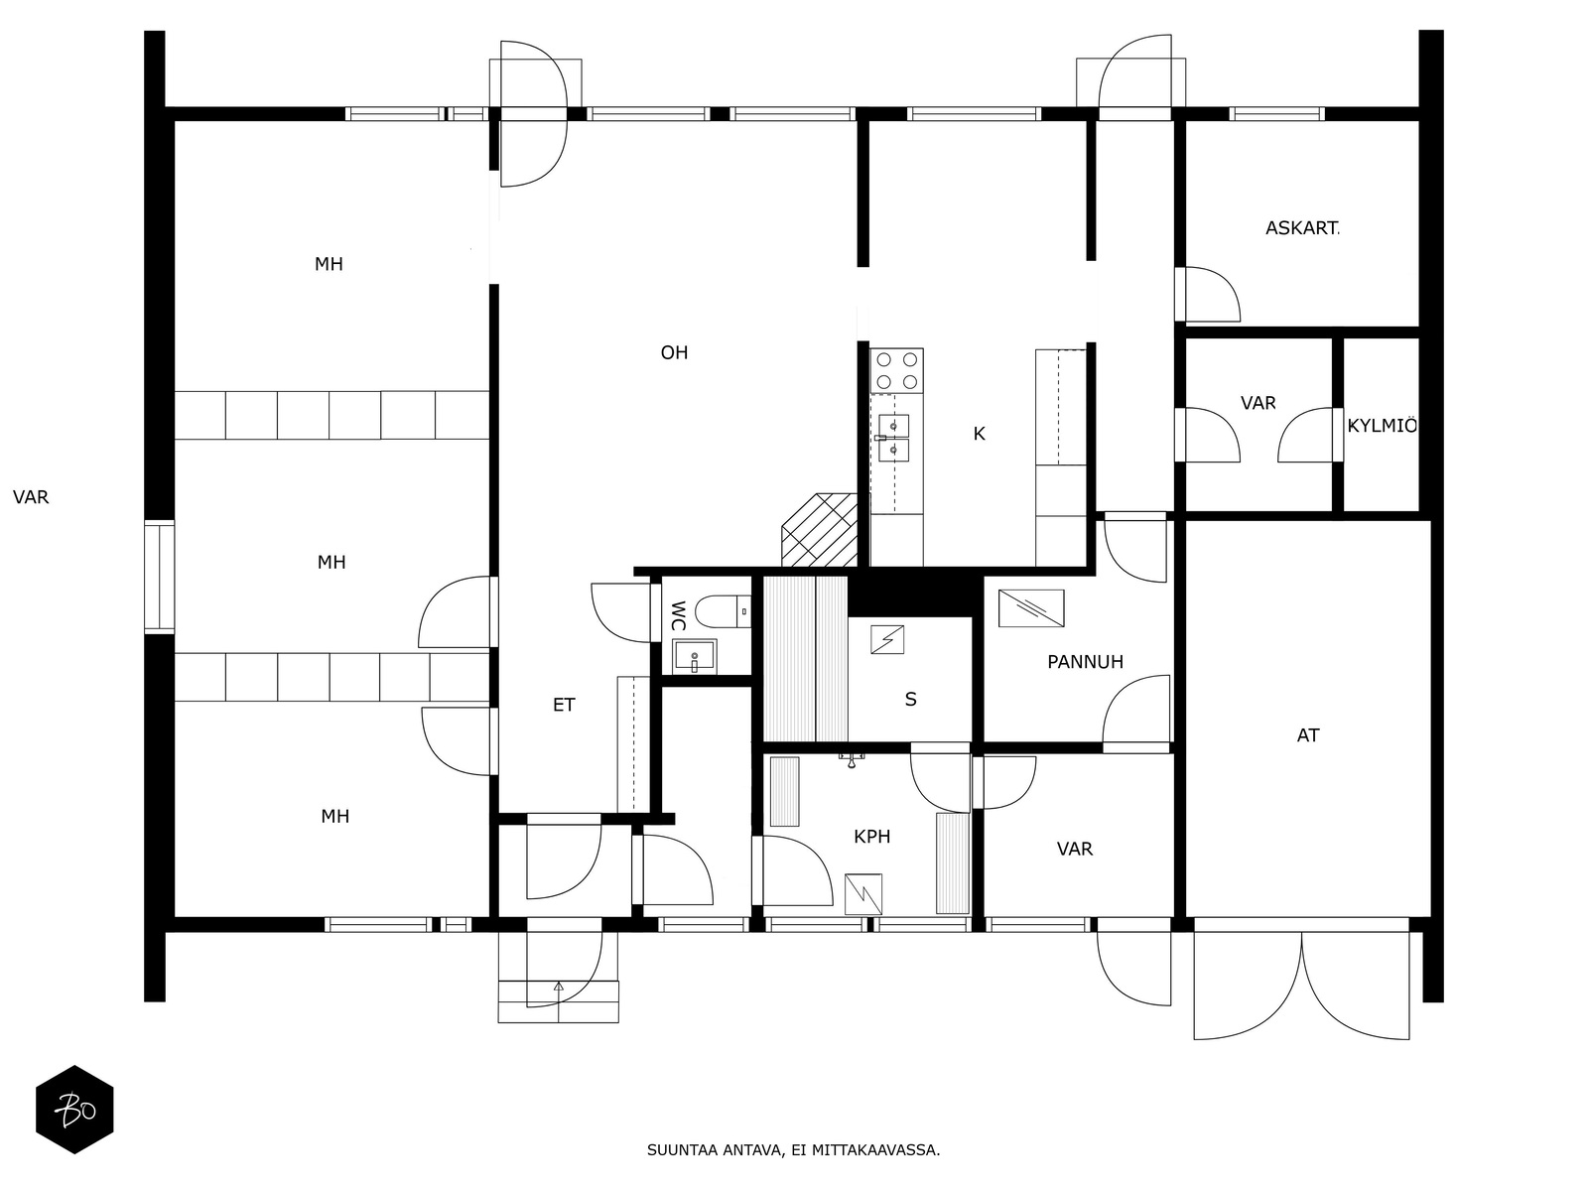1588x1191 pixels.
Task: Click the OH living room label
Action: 674,353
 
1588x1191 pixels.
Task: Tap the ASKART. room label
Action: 1302,228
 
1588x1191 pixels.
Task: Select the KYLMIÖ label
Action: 1382,426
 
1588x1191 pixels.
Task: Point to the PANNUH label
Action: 1085,662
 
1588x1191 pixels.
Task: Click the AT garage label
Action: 1308,735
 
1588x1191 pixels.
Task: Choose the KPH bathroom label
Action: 871,837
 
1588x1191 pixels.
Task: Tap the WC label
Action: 679,616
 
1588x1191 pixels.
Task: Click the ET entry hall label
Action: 564,705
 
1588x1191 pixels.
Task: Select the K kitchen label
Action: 979,434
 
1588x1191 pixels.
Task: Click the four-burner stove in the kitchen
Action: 896,370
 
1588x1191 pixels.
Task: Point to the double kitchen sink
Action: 893,439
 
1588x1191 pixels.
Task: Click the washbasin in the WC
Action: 694,657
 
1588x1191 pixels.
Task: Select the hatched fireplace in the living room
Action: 820,530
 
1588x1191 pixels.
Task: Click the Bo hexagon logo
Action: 74,1110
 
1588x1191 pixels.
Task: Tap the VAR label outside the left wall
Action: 31,497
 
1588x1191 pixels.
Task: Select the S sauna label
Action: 911,700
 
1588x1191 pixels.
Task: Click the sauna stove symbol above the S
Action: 887,641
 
